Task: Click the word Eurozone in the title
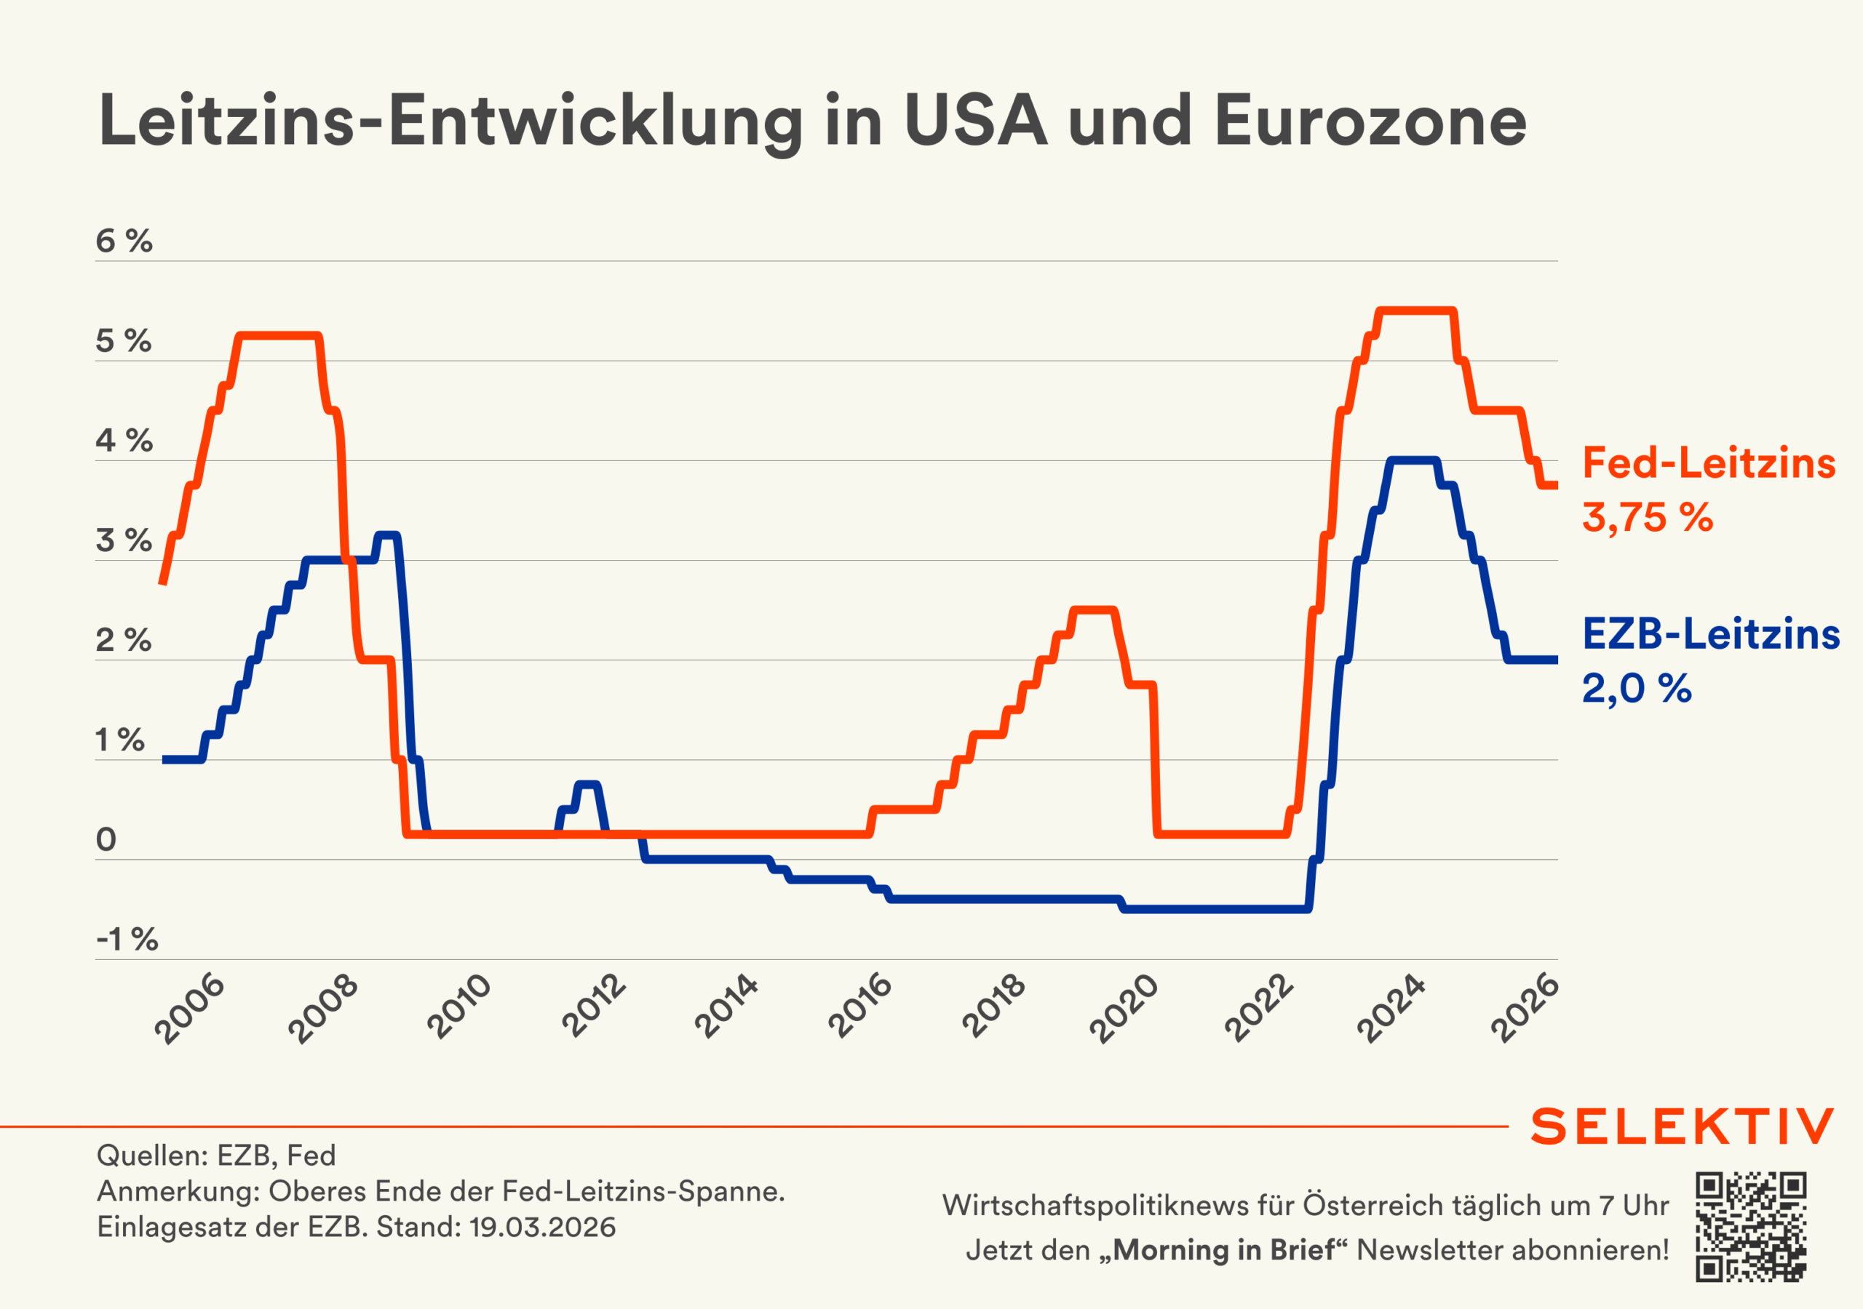point(1370,121)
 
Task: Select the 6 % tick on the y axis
point(123,241)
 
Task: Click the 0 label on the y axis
point(106,839)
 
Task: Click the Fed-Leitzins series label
point(1709,463)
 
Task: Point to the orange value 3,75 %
point(1647,518)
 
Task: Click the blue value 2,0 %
point(1637,688)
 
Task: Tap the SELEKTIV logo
point(1682,1126)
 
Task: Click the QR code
point(1750,1226)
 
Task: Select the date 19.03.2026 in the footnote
point(542,1227)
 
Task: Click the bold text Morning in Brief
point(1223,1250)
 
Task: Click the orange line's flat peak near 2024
point(1416,311)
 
